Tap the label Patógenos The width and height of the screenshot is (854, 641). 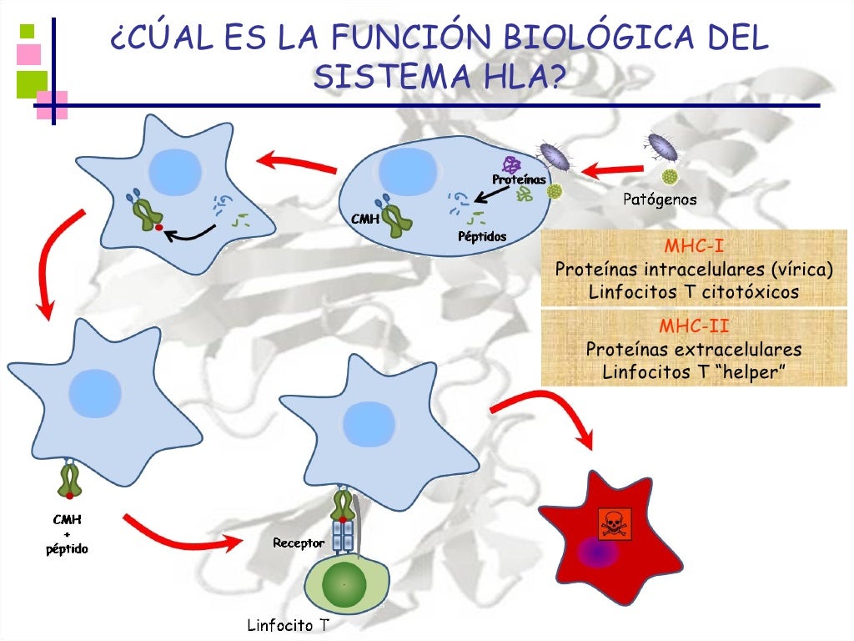pos(660,199)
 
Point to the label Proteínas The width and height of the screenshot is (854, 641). pos(519,179)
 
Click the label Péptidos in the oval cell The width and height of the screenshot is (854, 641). pos(482,236)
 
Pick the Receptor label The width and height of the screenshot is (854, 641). pos(299,543)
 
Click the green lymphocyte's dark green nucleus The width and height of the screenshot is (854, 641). pos(344,585)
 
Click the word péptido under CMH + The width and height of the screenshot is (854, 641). pos(67,549)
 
